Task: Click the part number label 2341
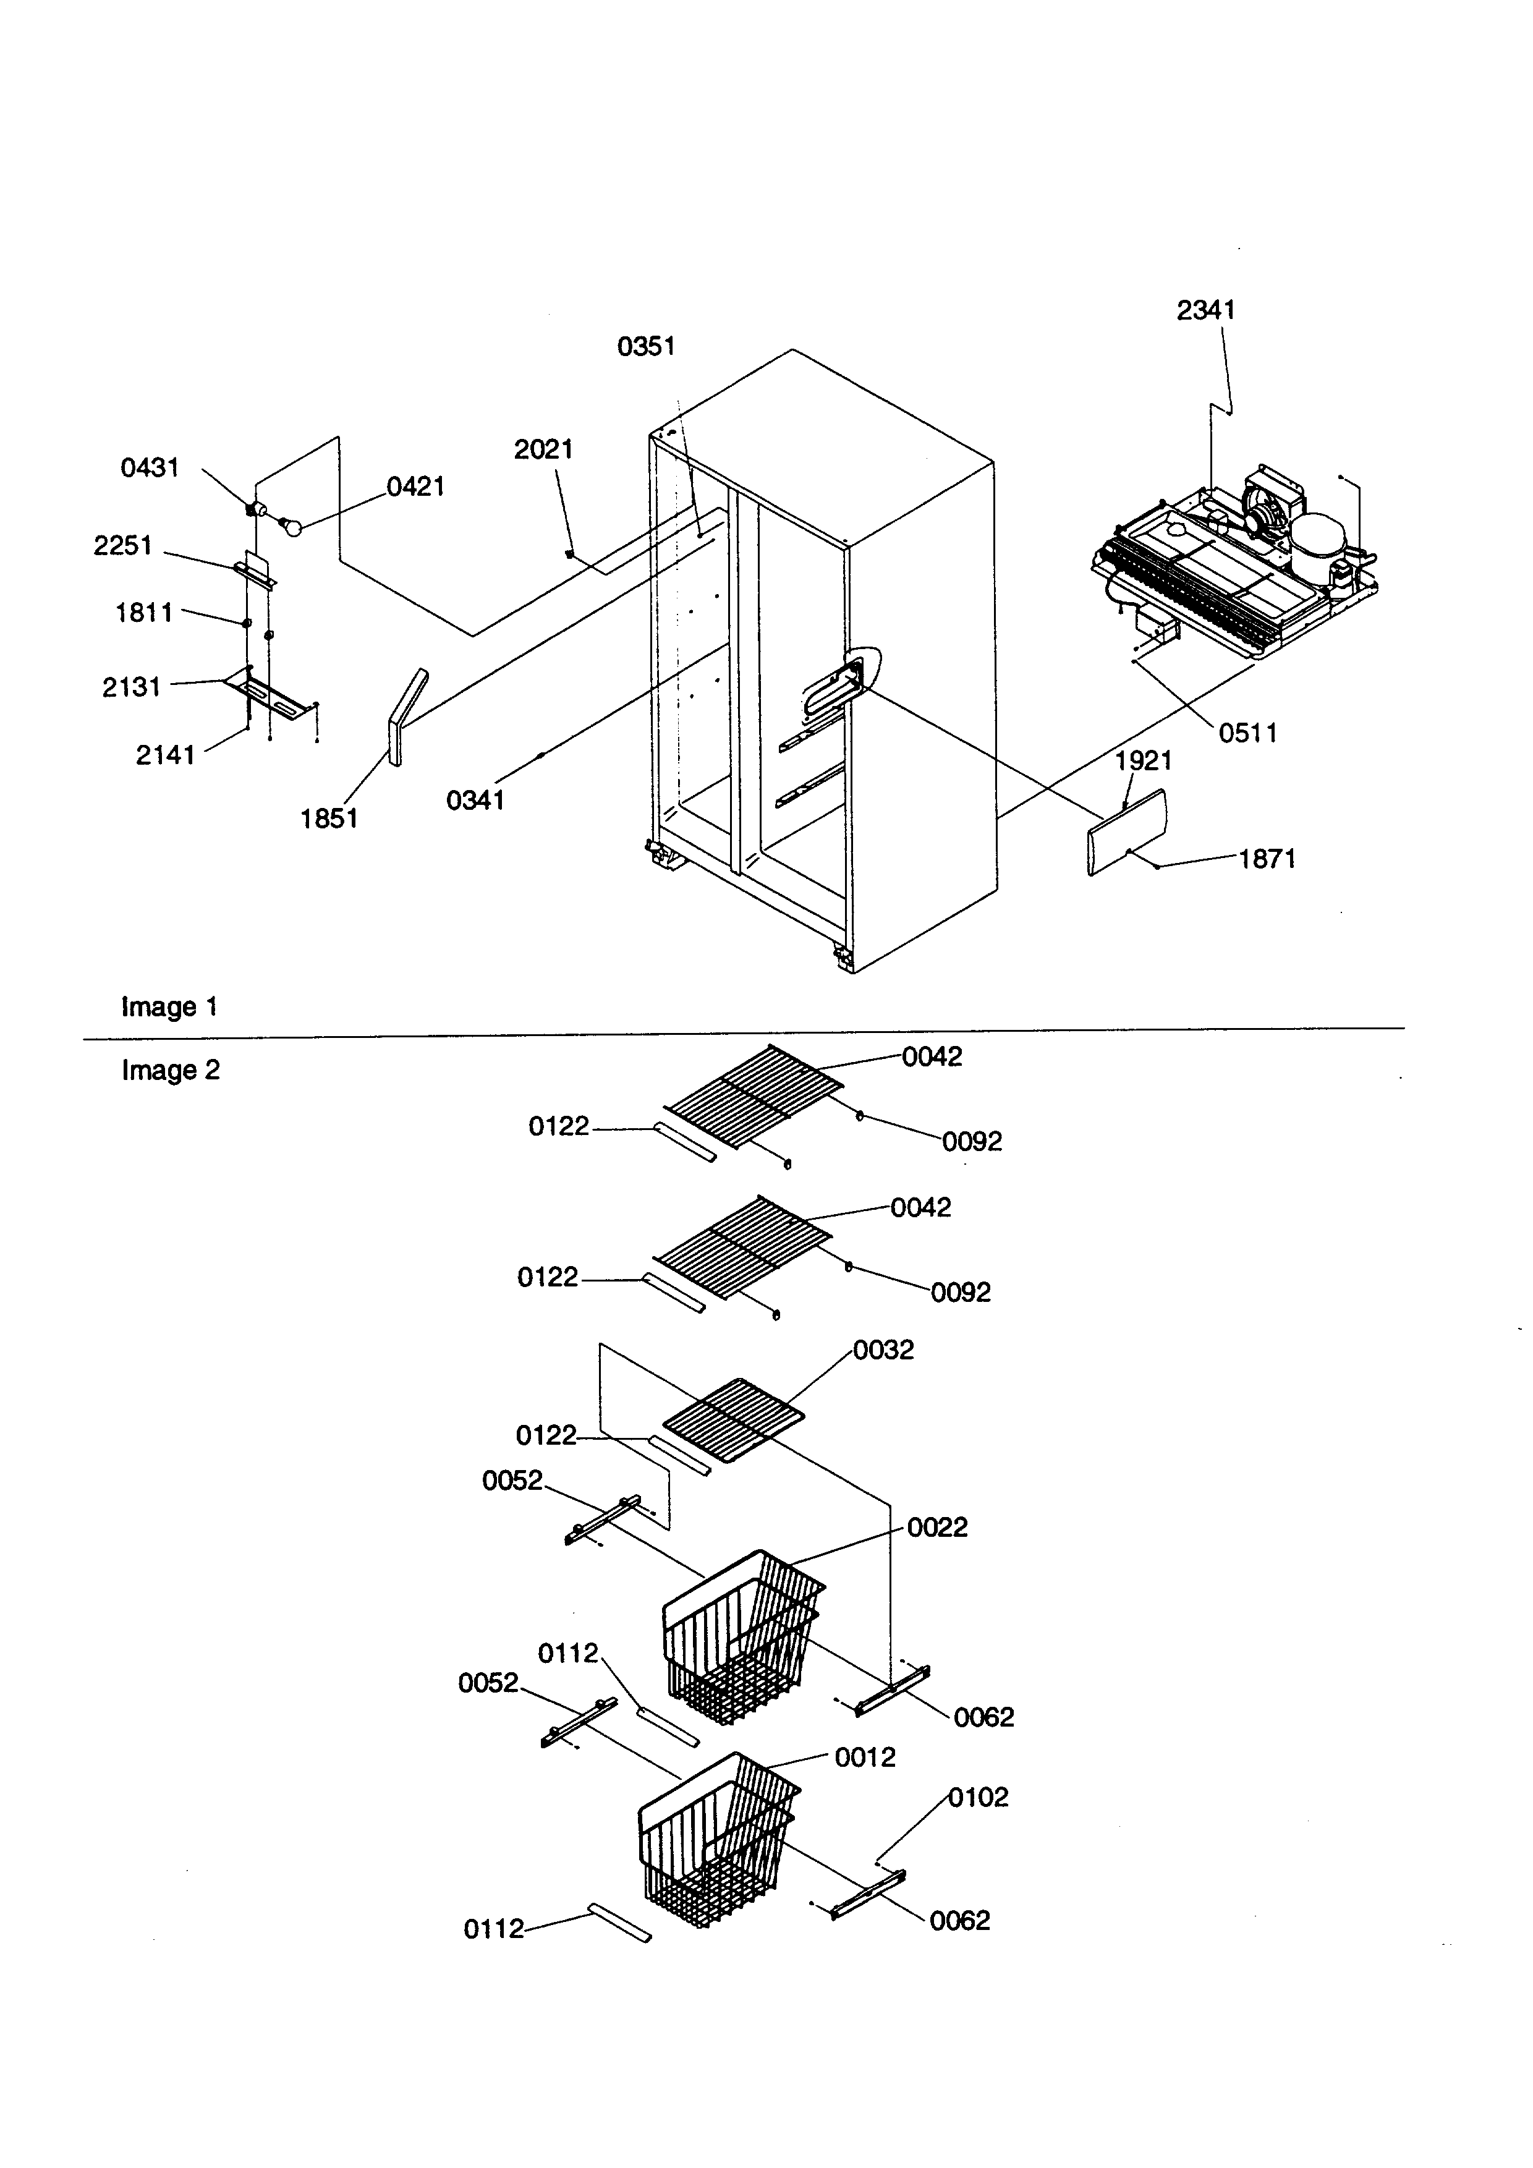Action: click(x=1205, y=310)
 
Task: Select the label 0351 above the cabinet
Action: click(x=646, y=347)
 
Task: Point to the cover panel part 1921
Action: click(x=1127, y=832)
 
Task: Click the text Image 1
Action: click(x=170, y=1006)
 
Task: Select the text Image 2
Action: click(x=171, y=1070)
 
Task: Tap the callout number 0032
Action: click(x=883, y=1350)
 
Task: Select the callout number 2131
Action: click(x=131, y=686)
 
